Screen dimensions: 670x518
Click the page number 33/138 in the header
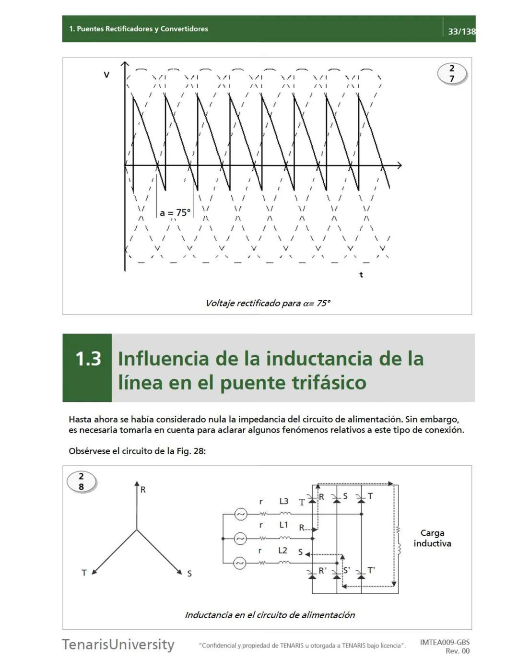[461, 32]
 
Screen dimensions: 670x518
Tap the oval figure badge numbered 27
[452, 74]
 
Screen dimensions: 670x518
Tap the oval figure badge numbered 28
[81, 482]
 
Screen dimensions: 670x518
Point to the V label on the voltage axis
[106, 75]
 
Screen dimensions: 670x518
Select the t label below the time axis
[361, 275]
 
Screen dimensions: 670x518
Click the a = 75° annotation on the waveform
[175, 212]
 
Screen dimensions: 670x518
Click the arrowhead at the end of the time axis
[399, 165]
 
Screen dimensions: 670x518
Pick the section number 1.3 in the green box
[88, 359]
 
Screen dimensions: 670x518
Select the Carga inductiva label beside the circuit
[432, 538]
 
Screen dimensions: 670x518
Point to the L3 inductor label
[284, 501]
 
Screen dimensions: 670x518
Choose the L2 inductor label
[283, 551]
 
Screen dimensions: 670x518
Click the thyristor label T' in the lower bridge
[371, 570]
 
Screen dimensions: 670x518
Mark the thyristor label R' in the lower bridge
[323, 571]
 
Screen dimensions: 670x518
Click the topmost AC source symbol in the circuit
[240, 514]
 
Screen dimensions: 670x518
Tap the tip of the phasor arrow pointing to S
[181, 573]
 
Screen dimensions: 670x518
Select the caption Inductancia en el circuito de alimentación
[270, 615]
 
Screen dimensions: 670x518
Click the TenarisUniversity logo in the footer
[118, 644]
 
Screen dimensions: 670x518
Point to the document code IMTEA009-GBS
[445, 642]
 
